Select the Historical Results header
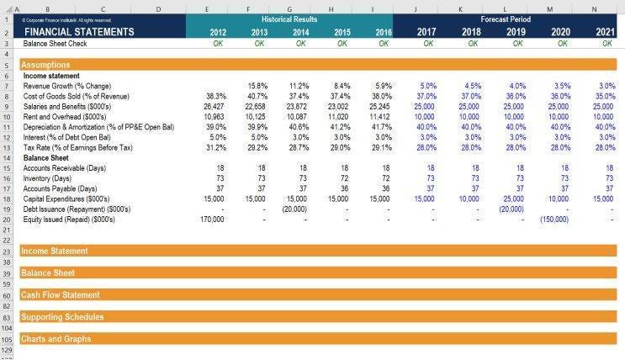[289, 19]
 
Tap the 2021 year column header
[605, 33]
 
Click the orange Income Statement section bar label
[54, 251]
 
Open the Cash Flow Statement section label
[60, 295]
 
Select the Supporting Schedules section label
[62, 317]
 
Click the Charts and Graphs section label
[56, 339]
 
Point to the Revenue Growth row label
[66, 86]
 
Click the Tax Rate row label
[77, 147]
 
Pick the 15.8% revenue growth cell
[257, 86]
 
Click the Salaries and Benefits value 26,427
[213, 107]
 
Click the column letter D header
[158, 8]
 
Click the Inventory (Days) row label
[48, 178]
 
